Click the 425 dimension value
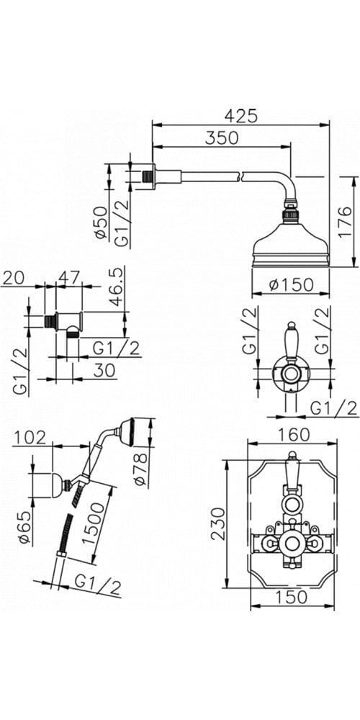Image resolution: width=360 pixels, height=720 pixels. point(241,115)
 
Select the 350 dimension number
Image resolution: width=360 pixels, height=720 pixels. point(222,138)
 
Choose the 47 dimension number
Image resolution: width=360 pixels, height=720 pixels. point(69,277)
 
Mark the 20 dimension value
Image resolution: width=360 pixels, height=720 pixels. point(13,277)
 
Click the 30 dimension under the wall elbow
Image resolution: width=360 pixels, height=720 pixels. point(104,371)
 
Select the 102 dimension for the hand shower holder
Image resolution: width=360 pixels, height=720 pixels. point(30,438)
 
